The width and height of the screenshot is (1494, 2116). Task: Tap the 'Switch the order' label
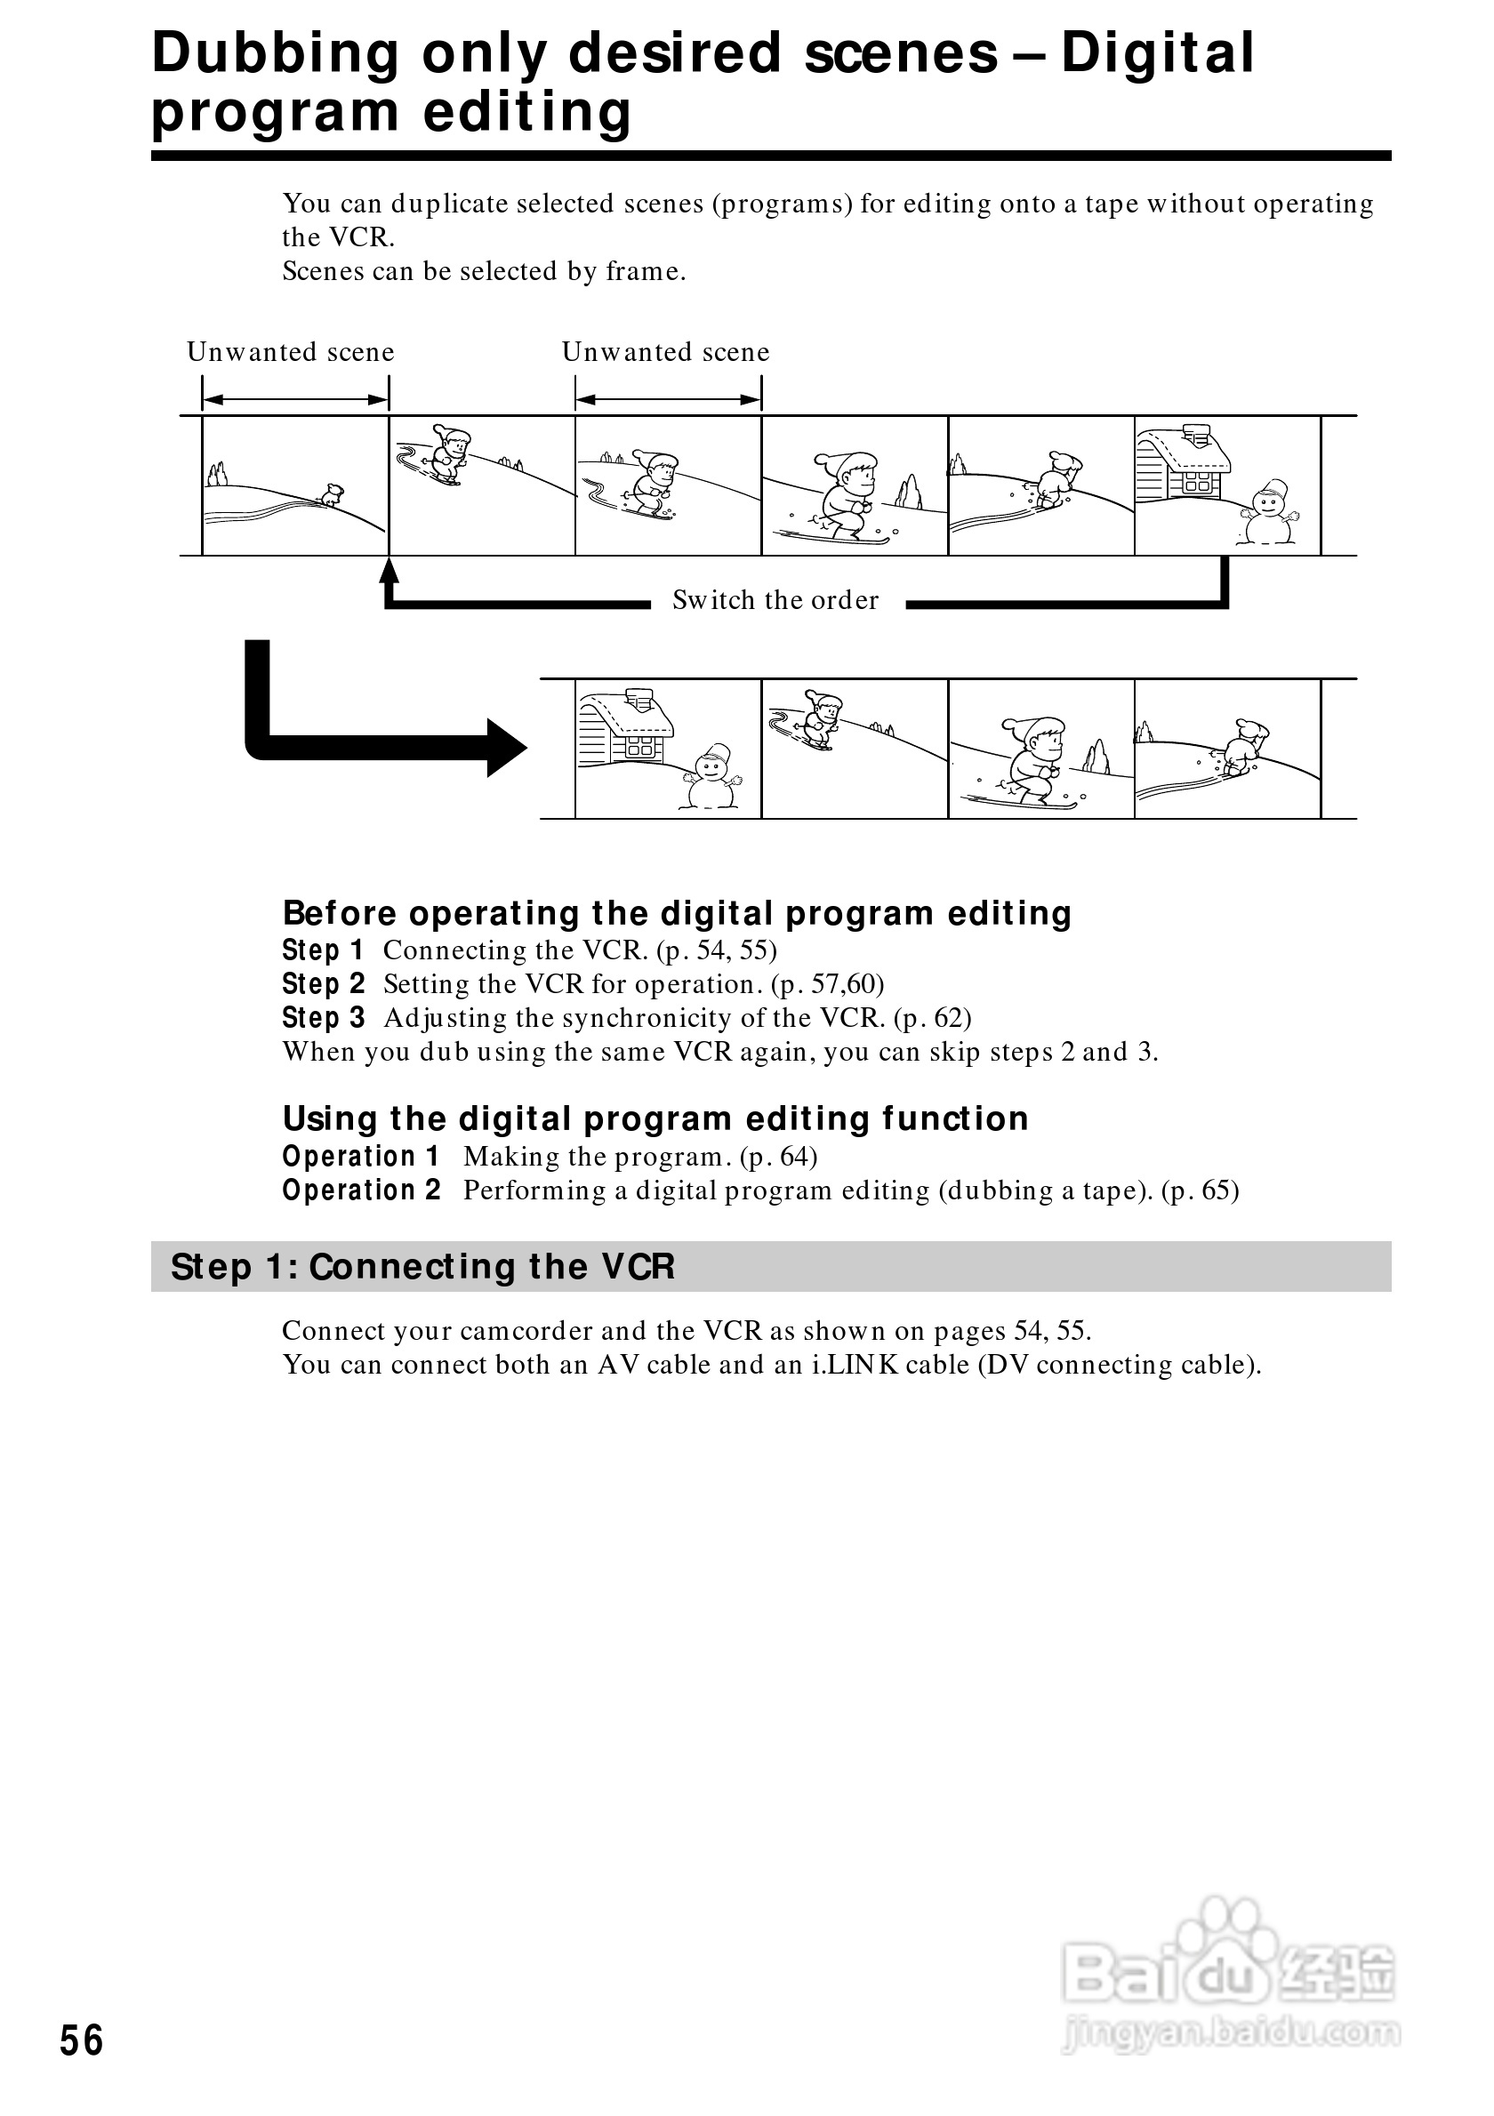[775, 600]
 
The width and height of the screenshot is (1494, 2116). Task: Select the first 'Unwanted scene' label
[290, 352]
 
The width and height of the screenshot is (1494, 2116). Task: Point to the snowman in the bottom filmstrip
[711, 777]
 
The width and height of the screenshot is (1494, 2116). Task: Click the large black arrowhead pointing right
[505, 748]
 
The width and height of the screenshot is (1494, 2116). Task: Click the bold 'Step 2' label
[324, 984]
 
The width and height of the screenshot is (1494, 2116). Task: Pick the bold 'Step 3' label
[324, 1018]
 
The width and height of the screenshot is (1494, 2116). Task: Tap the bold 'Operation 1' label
[361, 1157]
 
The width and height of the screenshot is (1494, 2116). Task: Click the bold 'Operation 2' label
[361, 1190]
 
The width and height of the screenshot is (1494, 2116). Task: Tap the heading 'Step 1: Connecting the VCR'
[423, 1267]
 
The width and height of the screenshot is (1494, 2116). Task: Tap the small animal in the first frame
[331, 495]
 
